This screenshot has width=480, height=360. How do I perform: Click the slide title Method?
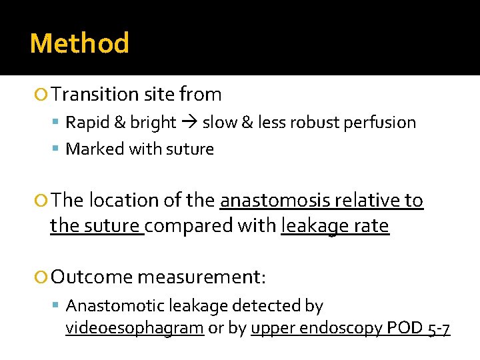[79, 44]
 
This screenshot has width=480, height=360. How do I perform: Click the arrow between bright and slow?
[189, 123]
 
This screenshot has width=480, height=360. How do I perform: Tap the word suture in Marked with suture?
[191, 149]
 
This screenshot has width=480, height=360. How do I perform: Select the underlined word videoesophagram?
[135, 329]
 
